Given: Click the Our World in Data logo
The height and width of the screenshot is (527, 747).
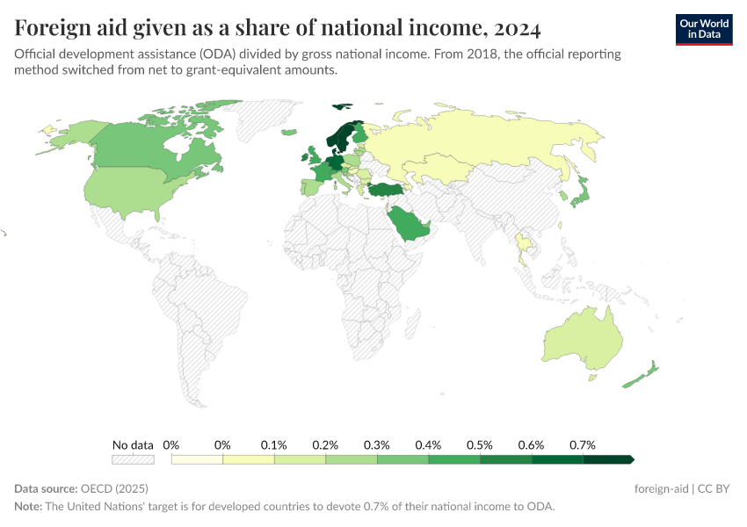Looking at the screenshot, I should coord(703,29).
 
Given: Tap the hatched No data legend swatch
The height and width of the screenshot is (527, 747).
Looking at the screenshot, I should coord(133,459).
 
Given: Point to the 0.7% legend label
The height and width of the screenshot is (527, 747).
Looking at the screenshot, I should coord(582,444).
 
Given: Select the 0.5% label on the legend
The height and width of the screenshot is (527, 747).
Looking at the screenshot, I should coord(479,444).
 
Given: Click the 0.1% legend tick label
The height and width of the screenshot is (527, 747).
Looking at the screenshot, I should coord(274,444).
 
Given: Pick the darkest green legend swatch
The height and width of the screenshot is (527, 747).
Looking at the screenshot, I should coord(607,459).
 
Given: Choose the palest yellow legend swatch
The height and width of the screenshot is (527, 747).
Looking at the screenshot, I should coord(197,459).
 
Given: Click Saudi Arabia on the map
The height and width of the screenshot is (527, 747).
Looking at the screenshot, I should coord(410,225).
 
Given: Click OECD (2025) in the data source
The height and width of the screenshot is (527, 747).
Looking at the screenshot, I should coord(113,488).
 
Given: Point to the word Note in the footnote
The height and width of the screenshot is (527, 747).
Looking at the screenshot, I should coord(29,507).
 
